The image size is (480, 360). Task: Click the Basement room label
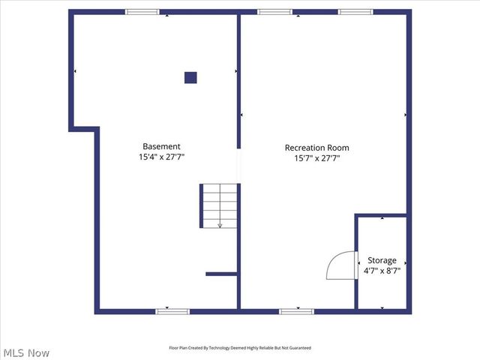click(x=161, y=146)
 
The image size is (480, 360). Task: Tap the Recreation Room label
click(x=316, y=148)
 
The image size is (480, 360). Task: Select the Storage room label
click(x=382, y=260)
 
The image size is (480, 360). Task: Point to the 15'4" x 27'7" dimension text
click(x=161, y=157)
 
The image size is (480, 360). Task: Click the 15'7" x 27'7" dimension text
click(x=316, y=158)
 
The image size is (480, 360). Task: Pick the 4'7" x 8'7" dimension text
click(x=382, y=271)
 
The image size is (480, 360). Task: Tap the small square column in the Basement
click(x=190, y=76)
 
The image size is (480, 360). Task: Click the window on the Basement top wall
click(x=142, y=12)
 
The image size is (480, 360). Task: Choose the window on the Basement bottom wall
click(x=172, y=311)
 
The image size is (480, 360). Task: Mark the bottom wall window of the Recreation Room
click(x=296, y=311)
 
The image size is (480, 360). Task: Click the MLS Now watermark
click(x=26, y=352)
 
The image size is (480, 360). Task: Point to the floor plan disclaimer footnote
click(x=239, y=348)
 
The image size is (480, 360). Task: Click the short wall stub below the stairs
click(x=221, y=274)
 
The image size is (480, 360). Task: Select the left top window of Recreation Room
click(x=274, y=12)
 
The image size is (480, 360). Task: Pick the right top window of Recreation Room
click(x=355, y=12)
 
